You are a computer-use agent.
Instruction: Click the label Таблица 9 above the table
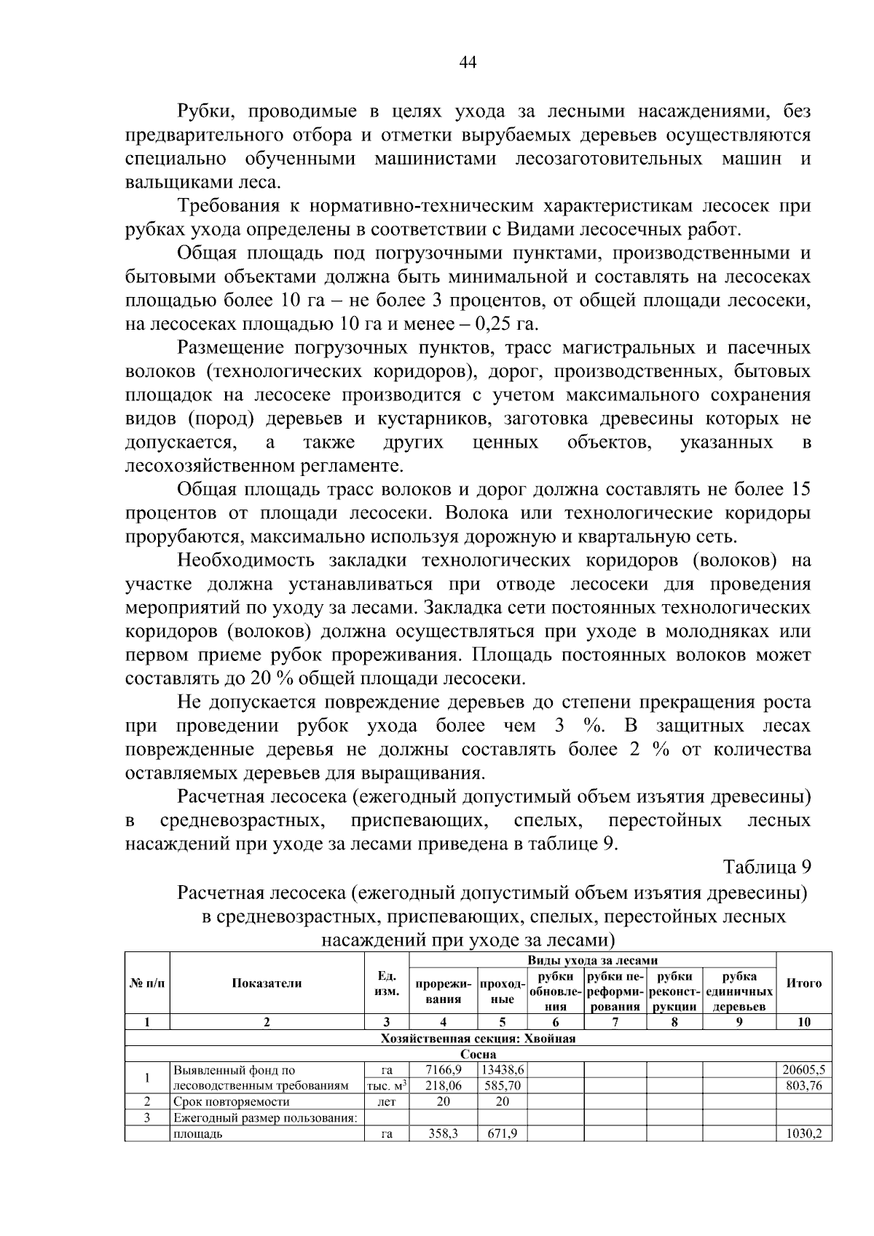[766, 867]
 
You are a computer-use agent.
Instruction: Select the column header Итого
[804, 983]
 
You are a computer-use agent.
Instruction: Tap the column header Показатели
[267, 983]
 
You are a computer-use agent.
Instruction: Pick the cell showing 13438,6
[503, 1070]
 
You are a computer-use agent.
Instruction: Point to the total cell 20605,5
[804, 1070]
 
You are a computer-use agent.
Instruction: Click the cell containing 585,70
[503, 1085]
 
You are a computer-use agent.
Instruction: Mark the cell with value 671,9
[503, 1133]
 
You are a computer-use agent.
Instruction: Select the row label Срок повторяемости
[231, 1101]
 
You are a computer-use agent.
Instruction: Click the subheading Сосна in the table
[478, 1054]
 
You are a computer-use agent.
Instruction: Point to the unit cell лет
[387, 1101]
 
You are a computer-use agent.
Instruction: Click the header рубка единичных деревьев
[739, 991]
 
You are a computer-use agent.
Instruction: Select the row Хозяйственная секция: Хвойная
[478, 1039]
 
